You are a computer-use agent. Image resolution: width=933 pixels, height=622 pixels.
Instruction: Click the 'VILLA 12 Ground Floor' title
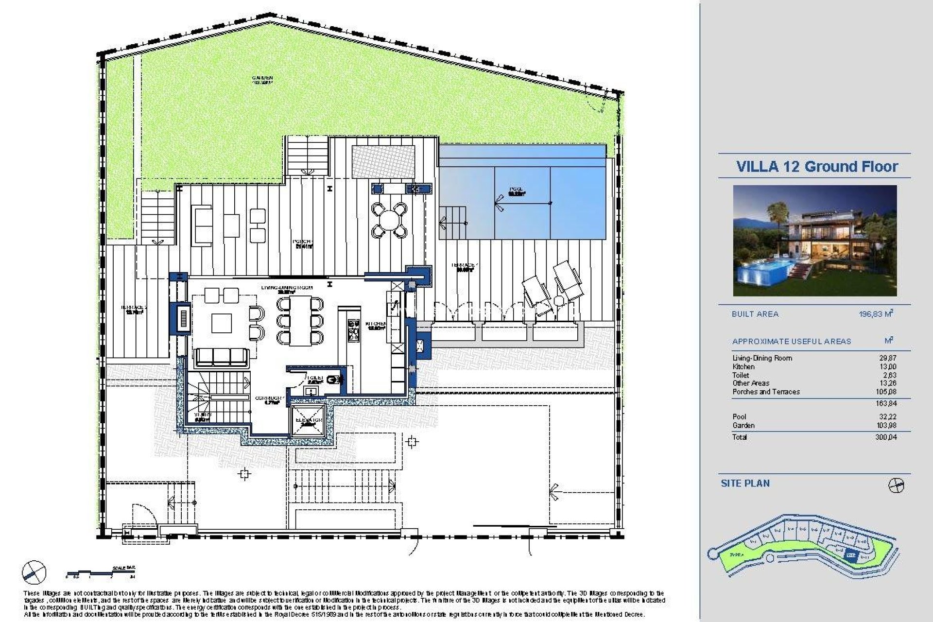[x=817, y=167]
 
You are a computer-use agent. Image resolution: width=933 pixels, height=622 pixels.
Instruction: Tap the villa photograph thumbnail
[x=815, y=241]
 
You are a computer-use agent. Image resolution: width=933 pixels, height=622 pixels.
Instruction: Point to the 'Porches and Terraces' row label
[x=766, y=392]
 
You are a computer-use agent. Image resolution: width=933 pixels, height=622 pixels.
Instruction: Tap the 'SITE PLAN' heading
[x=745, y=484]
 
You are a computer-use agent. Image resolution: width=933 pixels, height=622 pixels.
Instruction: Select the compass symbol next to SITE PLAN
[x=896, y=485]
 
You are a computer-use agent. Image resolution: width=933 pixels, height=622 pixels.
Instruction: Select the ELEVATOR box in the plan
[x=310, y=419]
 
